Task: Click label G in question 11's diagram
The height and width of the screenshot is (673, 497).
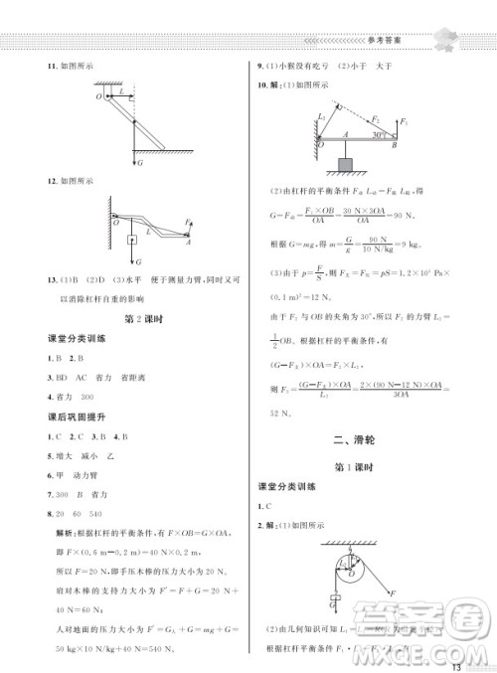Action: pyautogui.click(x=140, y=161)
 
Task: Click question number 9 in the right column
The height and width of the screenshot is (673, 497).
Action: pyautogui.click(x=259, y=67)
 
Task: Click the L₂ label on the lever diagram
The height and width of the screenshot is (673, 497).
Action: pyautogui.click(x=320, y=118)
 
